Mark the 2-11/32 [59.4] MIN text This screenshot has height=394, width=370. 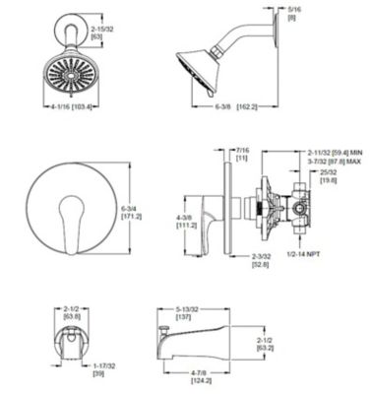click(x=334, y=152)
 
